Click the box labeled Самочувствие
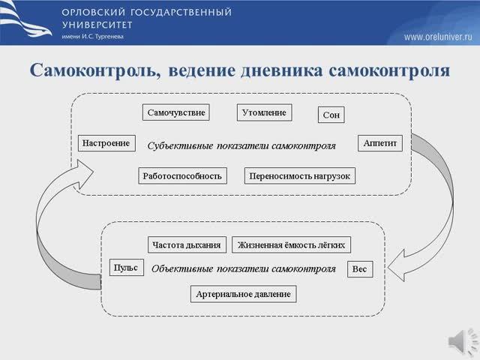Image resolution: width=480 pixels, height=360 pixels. pyautogui.click(x=175, y=113)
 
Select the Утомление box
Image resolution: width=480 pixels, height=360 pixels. pyautogui.click(x=264, y=112)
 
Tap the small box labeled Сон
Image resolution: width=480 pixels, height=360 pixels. pyautogui.click(x=331, y=115)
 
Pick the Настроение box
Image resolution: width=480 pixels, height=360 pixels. pyautogui.click(x=106, y=142)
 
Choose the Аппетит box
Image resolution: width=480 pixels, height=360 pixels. pyautogui.click(x=382, y=142)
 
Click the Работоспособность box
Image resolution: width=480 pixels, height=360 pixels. pyautogui.click(x=182, y=176)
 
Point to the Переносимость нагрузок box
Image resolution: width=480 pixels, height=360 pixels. pyautogui.click(x=300, y=176)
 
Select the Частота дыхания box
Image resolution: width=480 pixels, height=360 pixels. pyautogui.click(x=187, y=245)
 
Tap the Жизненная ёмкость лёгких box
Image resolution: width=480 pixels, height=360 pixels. pyautogui.click(x=292, y=245)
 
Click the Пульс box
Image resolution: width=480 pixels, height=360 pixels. pyautogui.click(x=126, y=268)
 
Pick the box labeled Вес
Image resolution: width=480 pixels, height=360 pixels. pyautogui.click(x=359, y=270)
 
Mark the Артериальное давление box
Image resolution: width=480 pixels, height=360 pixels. pyautogui.click(x=244, y=294)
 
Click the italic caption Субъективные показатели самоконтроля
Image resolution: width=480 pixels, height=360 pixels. pyautogui.click(x=241, y=145)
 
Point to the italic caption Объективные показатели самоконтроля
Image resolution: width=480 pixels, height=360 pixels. pyautogui.click(x=243, y=268)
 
